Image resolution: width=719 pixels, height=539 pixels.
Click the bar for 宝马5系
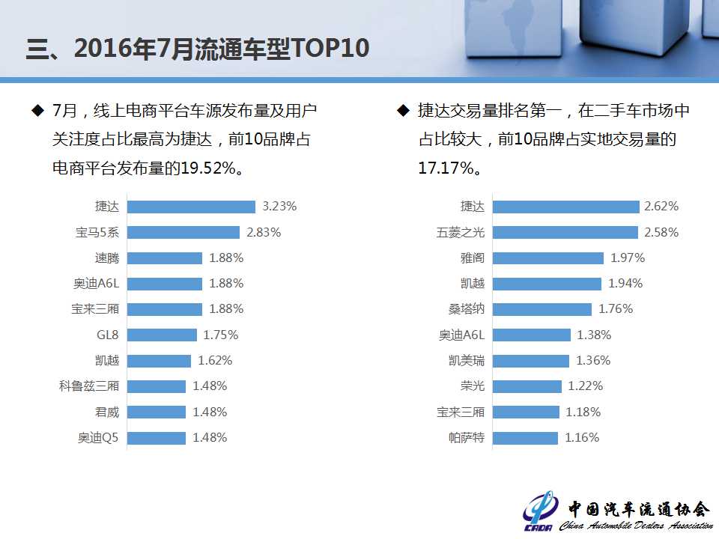183,232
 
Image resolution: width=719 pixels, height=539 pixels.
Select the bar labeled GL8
162,335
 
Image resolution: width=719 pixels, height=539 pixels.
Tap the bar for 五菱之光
565,232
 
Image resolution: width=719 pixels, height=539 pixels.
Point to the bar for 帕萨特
525,437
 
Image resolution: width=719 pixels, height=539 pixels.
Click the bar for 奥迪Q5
157,437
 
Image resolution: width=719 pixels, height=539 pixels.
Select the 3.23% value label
279,207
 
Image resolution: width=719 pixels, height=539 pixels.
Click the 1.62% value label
215,360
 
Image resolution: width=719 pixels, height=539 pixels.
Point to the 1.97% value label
628,258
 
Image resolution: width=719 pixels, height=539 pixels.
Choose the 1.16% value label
582,437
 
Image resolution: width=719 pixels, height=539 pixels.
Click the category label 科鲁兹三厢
89,386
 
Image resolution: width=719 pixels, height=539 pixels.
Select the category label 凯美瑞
467,360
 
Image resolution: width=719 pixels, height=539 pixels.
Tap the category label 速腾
107,258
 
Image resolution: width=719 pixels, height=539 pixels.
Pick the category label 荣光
473,386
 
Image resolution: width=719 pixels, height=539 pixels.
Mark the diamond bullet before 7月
37,111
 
